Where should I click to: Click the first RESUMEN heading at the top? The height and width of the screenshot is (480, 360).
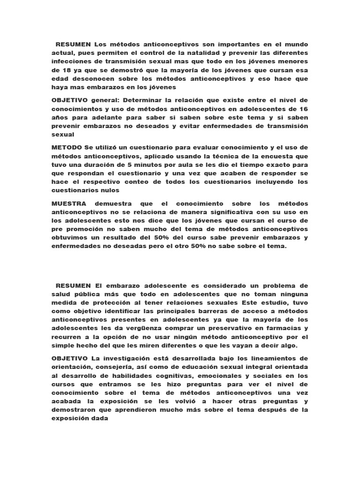tap(73, 44)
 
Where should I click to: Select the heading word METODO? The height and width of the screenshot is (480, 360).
tap(67, 147)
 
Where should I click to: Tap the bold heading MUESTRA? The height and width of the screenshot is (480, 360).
tap(69, 204)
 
